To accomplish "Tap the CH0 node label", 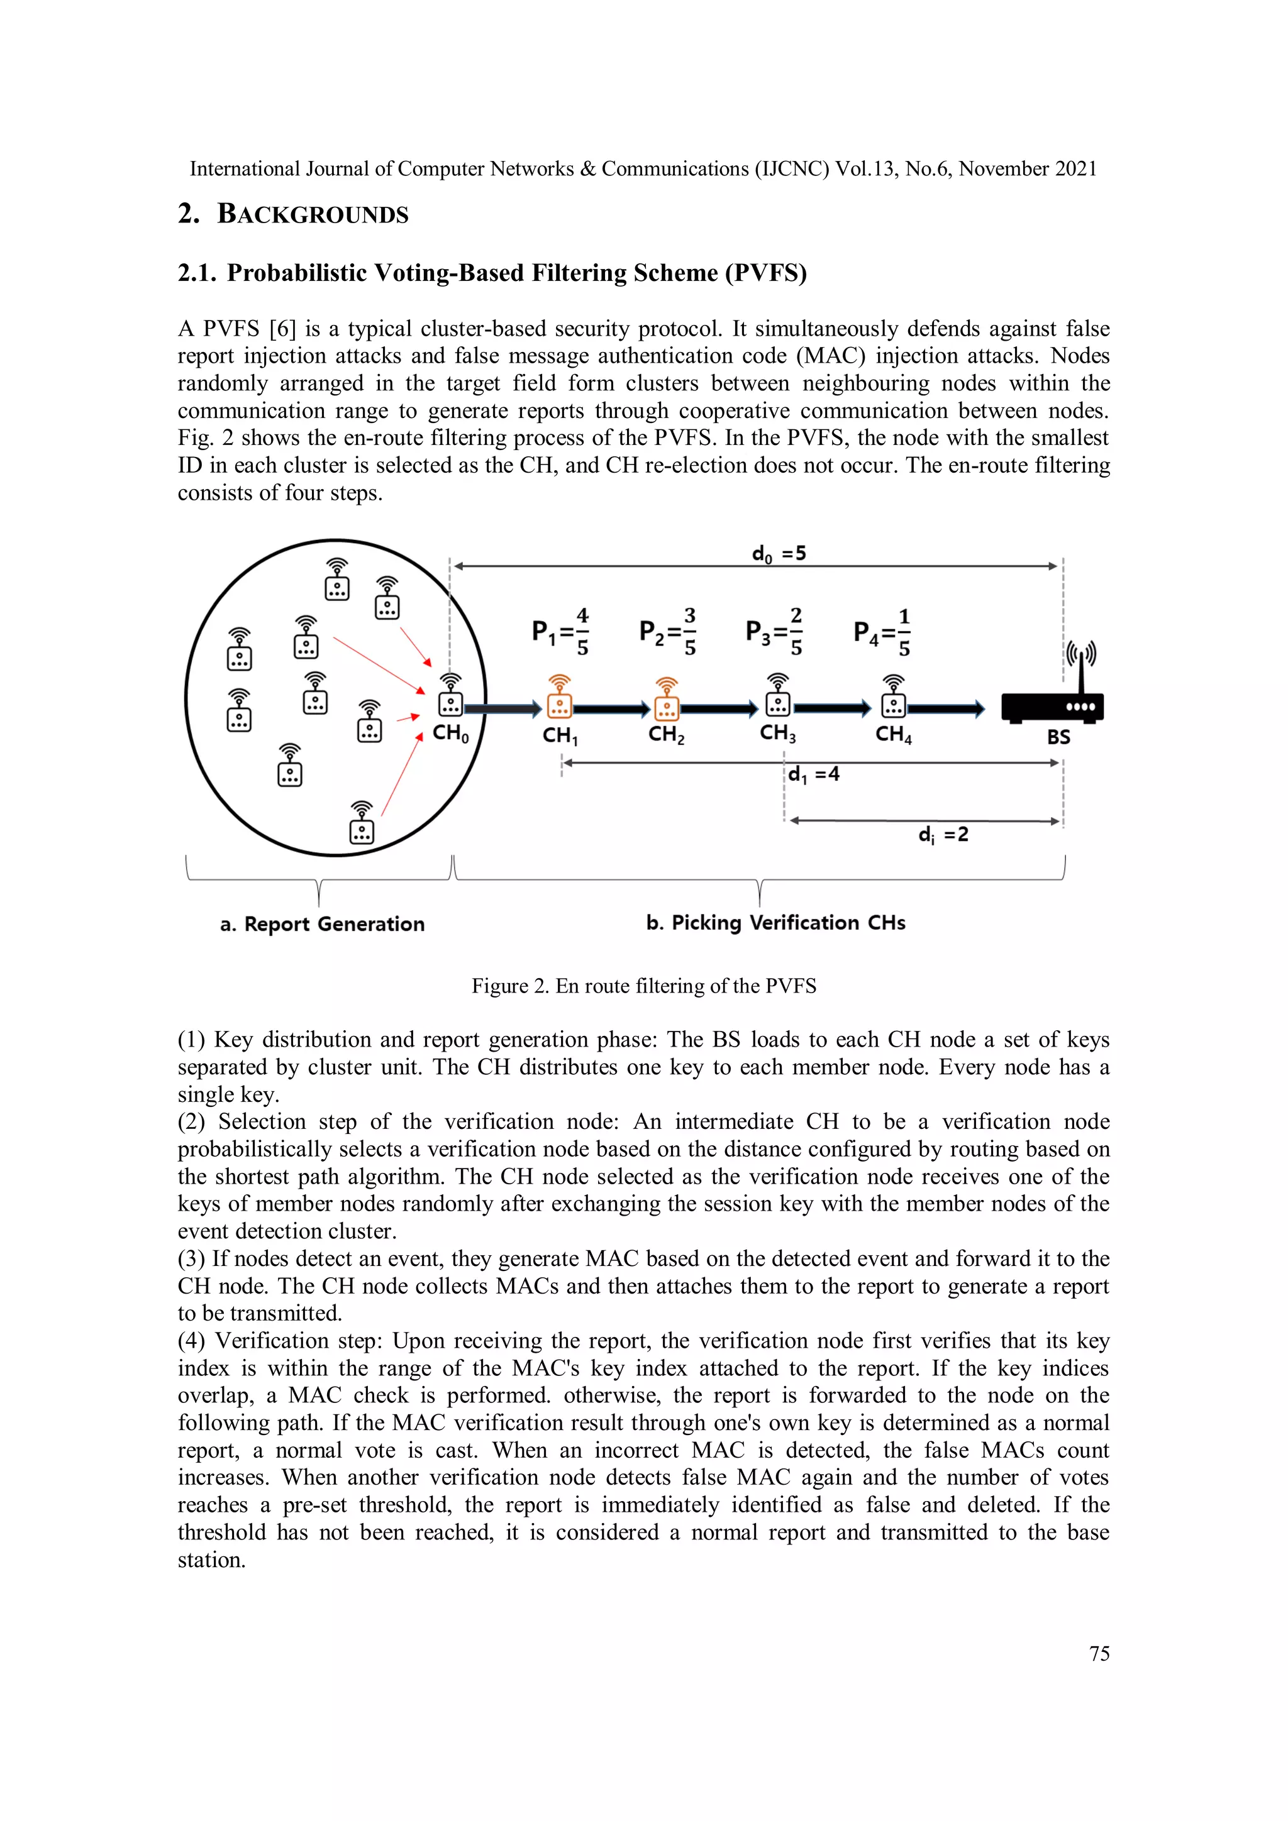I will [450, 733].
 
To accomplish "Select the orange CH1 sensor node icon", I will [560, 697].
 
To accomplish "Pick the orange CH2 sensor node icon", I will [667, 699].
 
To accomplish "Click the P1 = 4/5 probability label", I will [560, 632].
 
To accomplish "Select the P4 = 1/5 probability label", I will [882, 632].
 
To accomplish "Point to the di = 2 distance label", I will [943, 834].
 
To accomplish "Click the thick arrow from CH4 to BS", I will [945, 709].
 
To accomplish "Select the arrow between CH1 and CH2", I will [612, 709].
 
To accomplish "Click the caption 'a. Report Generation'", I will [322, 924].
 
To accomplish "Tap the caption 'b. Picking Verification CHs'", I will [775, 922].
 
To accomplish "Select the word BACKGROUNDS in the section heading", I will [313, 214].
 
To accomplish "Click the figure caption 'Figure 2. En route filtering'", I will [643, 986].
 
